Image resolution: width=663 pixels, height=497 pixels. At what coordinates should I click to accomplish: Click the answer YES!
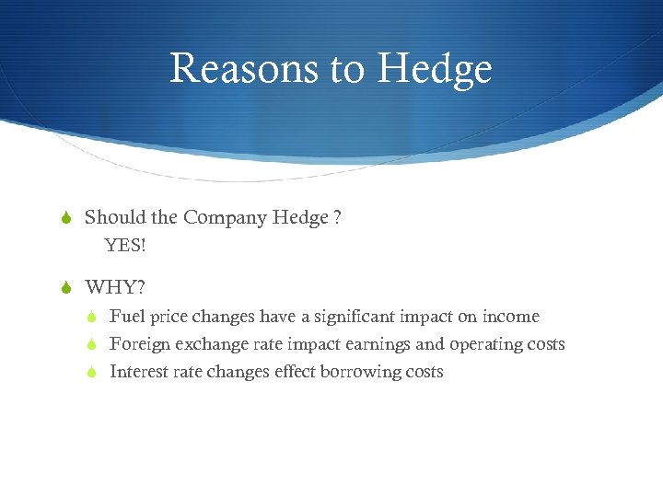pos(126,246)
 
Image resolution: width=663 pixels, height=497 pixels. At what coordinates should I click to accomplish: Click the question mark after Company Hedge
pos(338,218)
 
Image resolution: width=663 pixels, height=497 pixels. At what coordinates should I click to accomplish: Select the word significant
pos(354,317)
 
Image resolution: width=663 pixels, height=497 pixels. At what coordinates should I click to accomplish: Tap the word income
pos(510,317)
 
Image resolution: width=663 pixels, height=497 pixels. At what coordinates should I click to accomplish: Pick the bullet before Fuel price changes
pos(92,317)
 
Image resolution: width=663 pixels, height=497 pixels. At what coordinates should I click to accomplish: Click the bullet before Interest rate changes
pos(92,372)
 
